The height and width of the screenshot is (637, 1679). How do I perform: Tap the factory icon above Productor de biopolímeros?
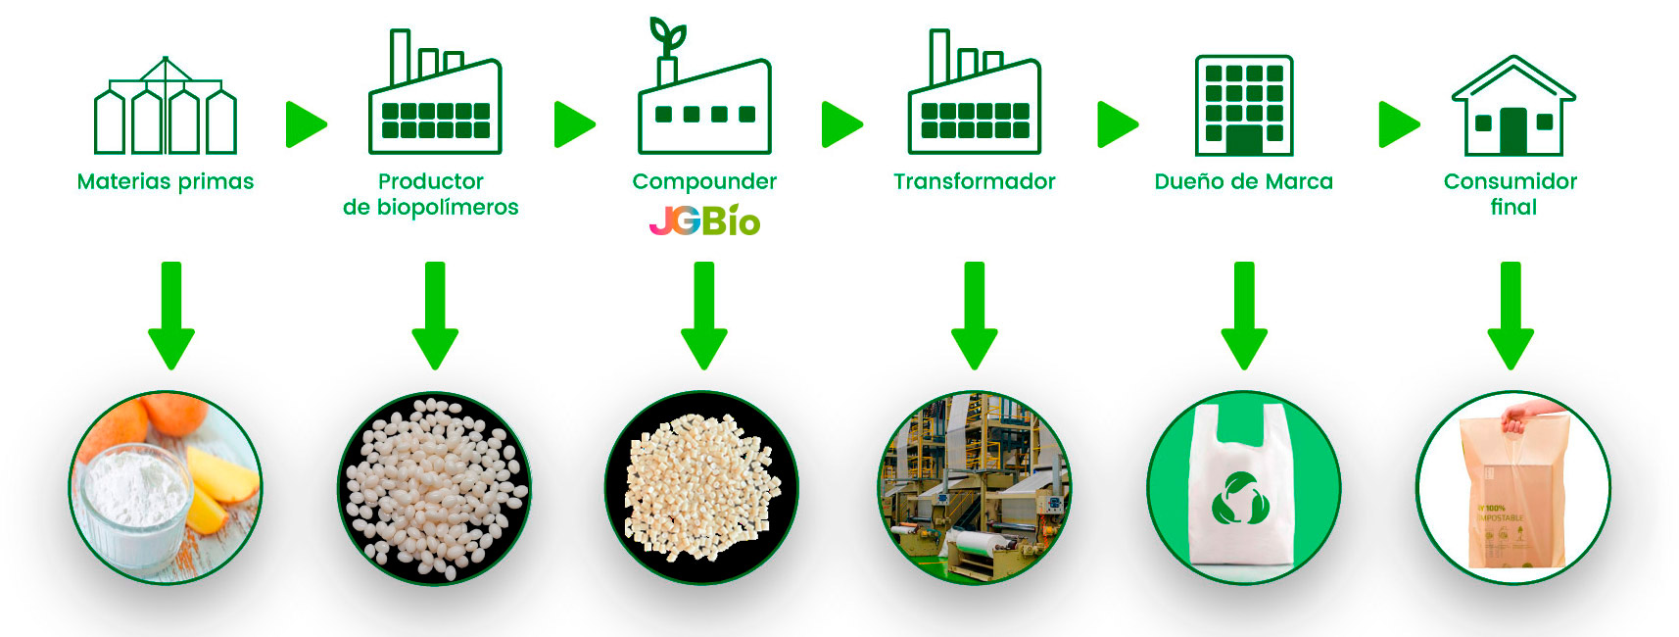[435, 98]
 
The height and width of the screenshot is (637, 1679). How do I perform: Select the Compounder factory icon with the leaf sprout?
[704, 98]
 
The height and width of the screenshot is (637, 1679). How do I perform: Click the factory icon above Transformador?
[974, 98]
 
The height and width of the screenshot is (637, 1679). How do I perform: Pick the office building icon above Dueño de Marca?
[1244, 106]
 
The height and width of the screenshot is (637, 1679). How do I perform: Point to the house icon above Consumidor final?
[1513, 108]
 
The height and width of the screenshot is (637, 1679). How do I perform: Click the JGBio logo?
[704, 220]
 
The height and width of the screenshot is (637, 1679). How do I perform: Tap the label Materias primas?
[166, 181]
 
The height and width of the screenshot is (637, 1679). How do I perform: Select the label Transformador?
[974, 181]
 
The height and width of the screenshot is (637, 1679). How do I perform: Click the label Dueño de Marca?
[1243, 181]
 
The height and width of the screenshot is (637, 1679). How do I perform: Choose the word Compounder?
[704, 181]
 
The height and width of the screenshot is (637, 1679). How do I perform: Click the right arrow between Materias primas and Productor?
[305, 124]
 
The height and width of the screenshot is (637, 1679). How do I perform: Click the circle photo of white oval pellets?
[434, 488]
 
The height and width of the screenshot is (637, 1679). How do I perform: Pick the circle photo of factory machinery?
[974, 488]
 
